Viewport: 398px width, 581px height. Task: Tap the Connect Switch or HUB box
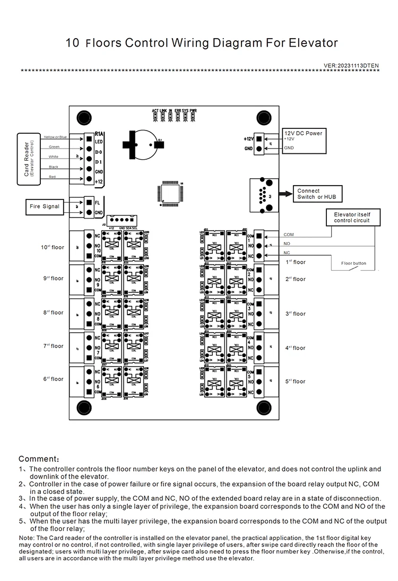pos(316,194)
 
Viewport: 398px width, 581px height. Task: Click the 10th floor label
pos(53,247)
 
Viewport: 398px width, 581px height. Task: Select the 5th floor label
pos(296,381)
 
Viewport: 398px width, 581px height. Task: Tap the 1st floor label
pos(296,262)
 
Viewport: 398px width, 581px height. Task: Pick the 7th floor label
pos(53,346)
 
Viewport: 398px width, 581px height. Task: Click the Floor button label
pos(353,263)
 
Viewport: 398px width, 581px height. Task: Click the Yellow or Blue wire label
pos(55,137)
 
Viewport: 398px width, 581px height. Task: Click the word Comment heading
pos(39,458)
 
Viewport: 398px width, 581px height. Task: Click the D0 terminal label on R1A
pos(98,152)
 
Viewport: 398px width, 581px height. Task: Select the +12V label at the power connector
pos(248,138)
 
